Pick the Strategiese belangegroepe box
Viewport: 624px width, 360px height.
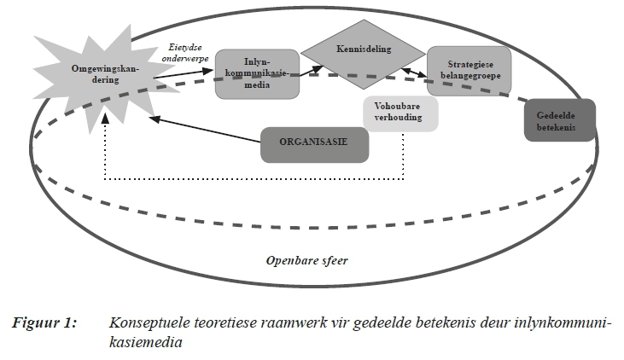[468, 70]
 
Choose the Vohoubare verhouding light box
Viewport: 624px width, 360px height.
[399, 113]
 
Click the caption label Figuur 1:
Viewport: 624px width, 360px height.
[44, 323]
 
